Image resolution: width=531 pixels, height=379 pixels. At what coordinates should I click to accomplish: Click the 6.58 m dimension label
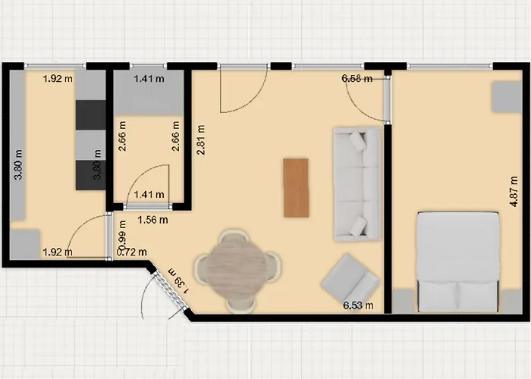[x=357, y=79]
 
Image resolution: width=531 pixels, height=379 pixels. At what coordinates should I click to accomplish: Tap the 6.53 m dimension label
[x=358, y=305]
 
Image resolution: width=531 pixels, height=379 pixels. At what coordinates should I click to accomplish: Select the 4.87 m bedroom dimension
[x=514, y=192]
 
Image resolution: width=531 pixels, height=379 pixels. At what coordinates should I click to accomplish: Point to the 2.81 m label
[x=200, y=139]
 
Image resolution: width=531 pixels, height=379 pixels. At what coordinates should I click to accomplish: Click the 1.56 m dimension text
[x=152, y=220]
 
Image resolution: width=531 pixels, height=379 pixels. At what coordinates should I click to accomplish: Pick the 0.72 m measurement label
[x=132, y=252]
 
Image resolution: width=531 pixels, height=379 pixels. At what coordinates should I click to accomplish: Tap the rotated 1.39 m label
[x=178, y=281]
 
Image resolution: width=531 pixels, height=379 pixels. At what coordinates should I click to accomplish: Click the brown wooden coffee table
[x=296, y=187]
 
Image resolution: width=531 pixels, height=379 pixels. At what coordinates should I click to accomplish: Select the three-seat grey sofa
[x=357, y=184]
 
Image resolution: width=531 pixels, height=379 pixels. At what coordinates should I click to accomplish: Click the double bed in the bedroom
[x=458, y=262]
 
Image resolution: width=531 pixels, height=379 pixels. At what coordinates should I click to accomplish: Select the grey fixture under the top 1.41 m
[x=149, y=92]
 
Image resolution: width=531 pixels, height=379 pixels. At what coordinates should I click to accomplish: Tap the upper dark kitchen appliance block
[x=90, y=115]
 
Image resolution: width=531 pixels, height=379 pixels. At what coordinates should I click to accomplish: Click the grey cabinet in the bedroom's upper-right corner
[x=507, y=96]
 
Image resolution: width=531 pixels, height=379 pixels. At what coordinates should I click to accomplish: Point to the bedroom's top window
[x=450, y=67]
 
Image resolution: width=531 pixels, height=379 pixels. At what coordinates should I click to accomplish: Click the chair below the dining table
[x=240, y=305]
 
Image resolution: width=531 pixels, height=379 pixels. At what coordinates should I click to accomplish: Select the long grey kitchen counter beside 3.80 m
[x=17, y=145]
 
